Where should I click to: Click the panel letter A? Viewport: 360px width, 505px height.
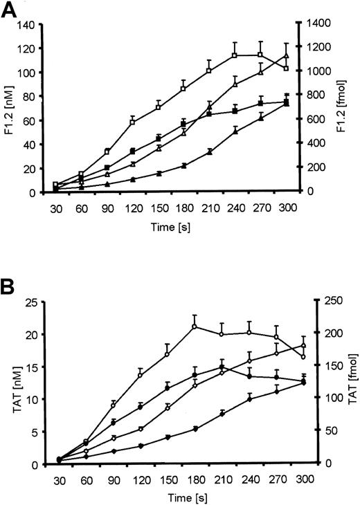pyautogui.click(x=11, y=10)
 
